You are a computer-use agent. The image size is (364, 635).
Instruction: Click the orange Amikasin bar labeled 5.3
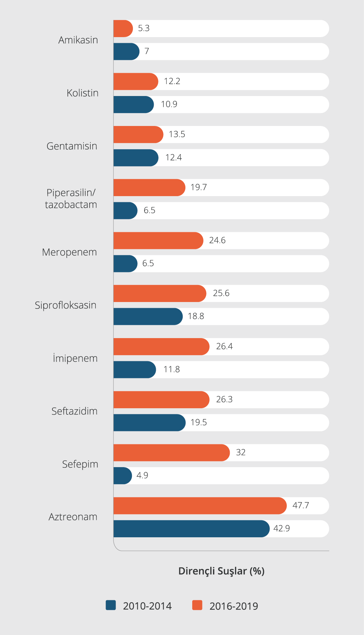pyautogui.click(x=123, y=29)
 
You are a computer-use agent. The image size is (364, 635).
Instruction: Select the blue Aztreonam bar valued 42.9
pyautogui.click(x=191, y=529)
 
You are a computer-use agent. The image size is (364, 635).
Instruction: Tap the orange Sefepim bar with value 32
pyautogui.click(x=171, y=453)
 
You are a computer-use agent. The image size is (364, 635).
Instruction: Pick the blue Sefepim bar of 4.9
pyautogui.click(x=122, y=476)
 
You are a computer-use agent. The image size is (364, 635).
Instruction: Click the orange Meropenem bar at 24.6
pyautogui.click(x=158, y=241)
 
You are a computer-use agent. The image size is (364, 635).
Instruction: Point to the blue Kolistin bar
pyautogui.click(x=133, y=105)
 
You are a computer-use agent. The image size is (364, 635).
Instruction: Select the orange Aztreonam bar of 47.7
pyautogui.click(x=200, y=506)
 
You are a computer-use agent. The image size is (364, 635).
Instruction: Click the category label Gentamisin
pyautogui.click(x=72, y=146)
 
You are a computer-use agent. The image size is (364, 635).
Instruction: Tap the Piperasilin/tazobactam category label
pyautogui.click(x=71, y=199)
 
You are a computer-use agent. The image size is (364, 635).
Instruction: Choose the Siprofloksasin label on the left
pyautogui.click(x=65, y=305)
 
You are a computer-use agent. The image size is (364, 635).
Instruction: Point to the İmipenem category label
pyautogui.click(x=75, y=358)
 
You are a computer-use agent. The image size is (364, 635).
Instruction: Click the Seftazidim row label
pyautogui.click(x=74, y=411)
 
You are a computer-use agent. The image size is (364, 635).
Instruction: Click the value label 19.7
pyautogui.click(x=199, y=187)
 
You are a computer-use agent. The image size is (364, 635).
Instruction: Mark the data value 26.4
pyautogui.click(x=224, y=346)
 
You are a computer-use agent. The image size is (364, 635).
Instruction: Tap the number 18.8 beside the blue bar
pyautogui.click(x=196, y=316)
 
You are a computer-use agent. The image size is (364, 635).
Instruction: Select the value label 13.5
pyautogui.click(x=177, y=134)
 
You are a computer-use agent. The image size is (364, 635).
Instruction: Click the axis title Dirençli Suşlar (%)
pyautogui.click(x=222, y=571)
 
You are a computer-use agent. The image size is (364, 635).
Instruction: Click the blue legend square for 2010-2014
pyautogui.click(x=111, y=605)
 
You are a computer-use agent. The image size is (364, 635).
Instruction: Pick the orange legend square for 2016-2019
pyautogui.click(x=197, y=605)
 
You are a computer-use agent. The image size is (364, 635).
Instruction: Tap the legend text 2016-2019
pyautogui.click(x=234, y=606)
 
